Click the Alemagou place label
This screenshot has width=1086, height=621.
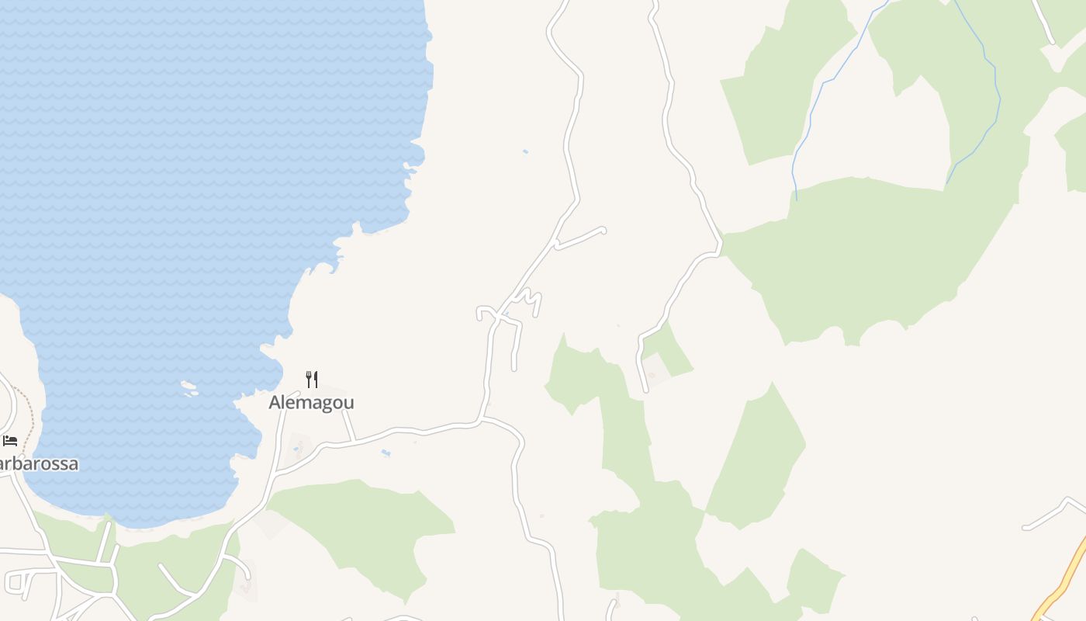point(311,402)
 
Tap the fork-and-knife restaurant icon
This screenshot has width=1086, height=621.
point(312,380)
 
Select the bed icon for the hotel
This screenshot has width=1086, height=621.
point(10,441)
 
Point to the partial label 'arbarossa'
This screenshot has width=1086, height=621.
point(39,464)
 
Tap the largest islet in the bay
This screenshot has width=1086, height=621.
point(188,387)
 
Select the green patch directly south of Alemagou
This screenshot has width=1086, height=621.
point(365,528)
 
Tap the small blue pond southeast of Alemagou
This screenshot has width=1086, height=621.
point(386,453)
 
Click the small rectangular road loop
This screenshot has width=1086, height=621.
point(16,581)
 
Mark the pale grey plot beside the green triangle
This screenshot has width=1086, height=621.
point(655,371)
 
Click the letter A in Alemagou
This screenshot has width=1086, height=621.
point(275,402)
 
